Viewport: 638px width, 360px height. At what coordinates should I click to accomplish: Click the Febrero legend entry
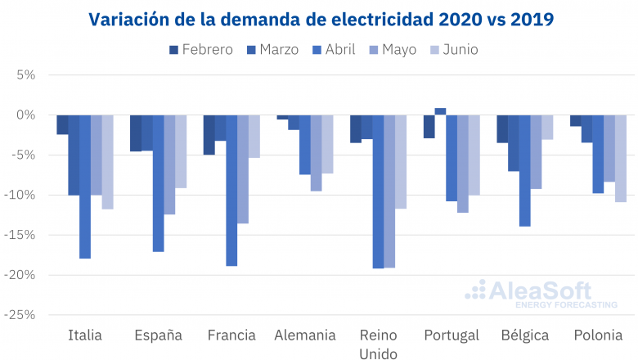click(200, 50)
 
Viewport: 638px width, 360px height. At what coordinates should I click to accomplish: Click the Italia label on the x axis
click(84, 335)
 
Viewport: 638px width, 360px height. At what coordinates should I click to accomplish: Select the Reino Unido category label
click(378, 344)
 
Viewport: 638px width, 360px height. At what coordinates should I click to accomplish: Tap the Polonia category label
click(598, 335)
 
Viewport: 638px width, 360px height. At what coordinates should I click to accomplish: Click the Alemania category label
click(305, 335)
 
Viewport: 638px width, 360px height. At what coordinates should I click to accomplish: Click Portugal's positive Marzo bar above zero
click(440, 111)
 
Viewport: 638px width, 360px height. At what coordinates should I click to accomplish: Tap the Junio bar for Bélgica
click(547, 127)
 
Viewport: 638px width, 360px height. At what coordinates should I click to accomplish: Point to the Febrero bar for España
click(136, 133)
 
